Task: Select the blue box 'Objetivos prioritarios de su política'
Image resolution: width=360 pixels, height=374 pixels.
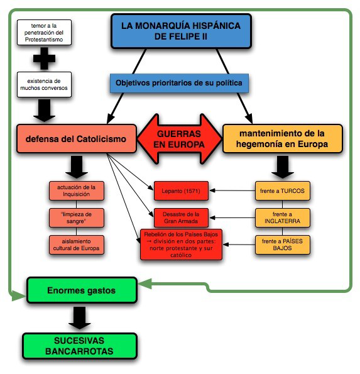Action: (178, 82)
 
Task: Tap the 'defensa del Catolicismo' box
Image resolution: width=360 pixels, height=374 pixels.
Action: (76, 139)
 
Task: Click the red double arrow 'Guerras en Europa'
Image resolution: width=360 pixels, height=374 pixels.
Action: (179, 139)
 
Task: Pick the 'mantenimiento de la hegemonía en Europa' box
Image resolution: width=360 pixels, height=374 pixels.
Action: (282, 139)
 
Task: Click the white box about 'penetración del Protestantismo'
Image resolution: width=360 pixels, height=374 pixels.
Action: (43, 33)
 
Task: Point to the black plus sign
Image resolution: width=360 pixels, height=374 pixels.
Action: (43, 59)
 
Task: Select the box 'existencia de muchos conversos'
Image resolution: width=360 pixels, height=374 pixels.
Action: (43, 85)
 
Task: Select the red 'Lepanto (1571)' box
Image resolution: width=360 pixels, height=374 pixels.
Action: (181, 189)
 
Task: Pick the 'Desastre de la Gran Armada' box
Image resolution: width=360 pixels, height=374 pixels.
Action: (181, 217)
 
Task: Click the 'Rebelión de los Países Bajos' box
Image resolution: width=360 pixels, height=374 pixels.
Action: (181, 245)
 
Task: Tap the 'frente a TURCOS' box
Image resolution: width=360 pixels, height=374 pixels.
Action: (283, 189)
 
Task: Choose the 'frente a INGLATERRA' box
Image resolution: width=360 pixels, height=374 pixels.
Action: (283, 217)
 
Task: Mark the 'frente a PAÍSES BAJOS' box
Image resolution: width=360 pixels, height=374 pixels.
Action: (283, 245)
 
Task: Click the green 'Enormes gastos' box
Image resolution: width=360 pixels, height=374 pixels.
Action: (82, 290)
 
